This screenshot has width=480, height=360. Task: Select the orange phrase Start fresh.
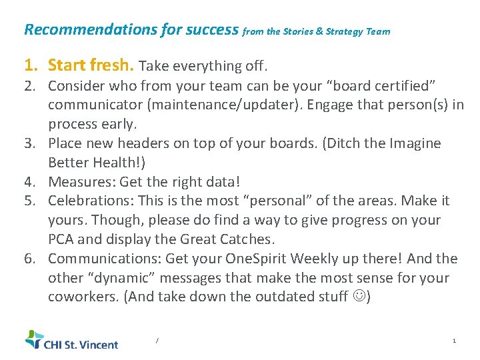pyautogui.click(x=91, y=65)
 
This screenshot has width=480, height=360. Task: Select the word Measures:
pyautogui.click(x=79, y=181)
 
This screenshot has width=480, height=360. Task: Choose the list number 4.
pyautogui.click(x=29, y=181)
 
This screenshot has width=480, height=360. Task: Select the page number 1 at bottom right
pyautogui.click(x=454, y=341)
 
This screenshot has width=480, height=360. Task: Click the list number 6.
pyautogui.click(x=29, y=259)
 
